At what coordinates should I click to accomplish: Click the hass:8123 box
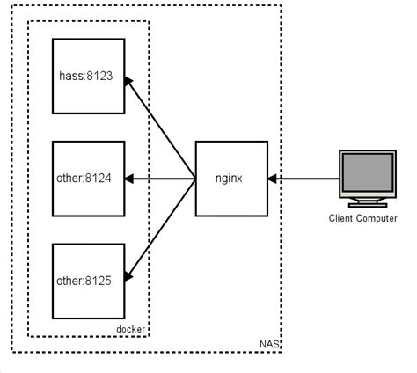[90, 76]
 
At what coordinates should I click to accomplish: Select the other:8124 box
[90, 179]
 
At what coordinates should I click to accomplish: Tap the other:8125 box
[90, 281]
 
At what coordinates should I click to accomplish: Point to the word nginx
[230, 178]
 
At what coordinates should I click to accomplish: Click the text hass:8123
[90, 77]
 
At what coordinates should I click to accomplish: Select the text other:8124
[90, 179]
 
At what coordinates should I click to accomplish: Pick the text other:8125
[90, 281]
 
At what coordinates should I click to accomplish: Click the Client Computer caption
[362, 218]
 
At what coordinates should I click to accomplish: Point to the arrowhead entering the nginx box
[272, 179]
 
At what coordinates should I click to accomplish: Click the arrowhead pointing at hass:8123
[132, 82]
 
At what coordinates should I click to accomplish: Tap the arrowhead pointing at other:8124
[132, 179]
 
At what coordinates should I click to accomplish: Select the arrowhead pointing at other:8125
[132, 274]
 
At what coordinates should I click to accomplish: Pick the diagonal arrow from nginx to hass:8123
[163, 130]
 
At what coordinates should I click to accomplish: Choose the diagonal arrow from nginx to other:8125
[163, 227]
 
